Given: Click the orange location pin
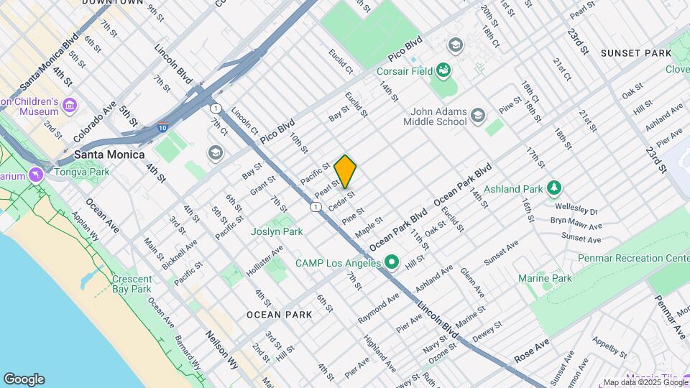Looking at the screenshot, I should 345,171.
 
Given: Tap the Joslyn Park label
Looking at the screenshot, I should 277,231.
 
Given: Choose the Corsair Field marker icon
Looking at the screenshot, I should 443,70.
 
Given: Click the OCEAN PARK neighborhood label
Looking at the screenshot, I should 279,315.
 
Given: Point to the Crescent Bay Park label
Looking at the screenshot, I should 132,284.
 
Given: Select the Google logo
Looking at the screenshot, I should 24,379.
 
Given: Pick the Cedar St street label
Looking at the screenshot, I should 341,200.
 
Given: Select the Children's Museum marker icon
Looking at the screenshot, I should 69,106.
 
